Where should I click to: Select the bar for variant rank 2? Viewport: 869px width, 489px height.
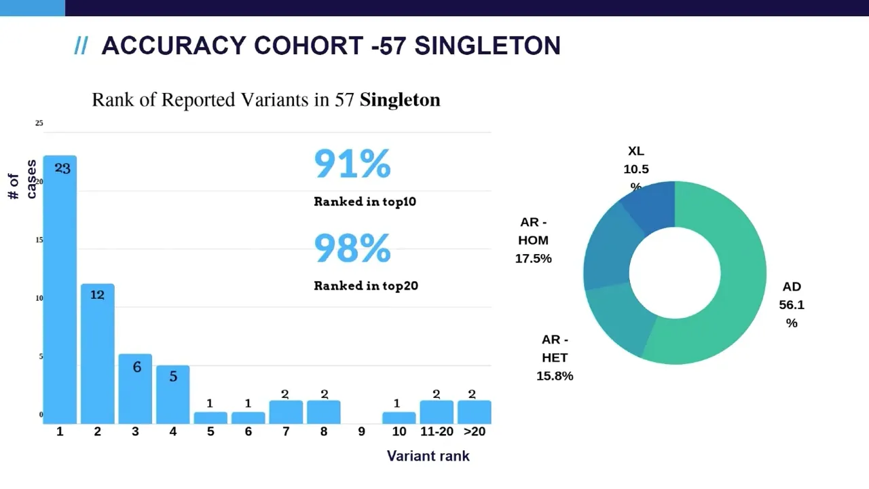(97, 354)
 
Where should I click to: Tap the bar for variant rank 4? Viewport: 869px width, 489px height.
(173, 395)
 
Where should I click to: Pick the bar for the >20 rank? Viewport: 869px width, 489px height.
(474, 412)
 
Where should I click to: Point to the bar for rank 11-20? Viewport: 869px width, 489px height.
(437, 412)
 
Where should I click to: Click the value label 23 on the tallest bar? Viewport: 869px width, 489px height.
(62, 168)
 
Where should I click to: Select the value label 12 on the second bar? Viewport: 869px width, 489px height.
(97, 295)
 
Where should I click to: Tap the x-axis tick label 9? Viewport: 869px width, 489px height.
(361, 432)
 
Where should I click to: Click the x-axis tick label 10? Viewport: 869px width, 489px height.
(399, 432)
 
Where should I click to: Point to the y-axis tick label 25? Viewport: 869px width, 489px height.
(39, 123)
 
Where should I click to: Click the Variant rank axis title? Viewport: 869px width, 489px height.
(428, 456)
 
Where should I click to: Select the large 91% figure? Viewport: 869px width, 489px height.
(352, 164)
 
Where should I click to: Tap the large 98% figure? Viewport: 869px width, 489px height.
(352, 249)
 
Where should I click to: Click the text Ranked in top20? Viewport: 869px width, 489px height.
(366, 286)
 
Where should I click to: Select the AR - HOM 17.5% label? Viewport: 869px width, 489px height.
(534, 240)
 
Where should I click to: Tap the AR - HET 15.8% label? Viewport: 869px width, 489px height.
(555, 358)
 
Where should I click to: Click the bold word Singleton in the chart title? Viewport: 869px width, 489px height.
(400, 100)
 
